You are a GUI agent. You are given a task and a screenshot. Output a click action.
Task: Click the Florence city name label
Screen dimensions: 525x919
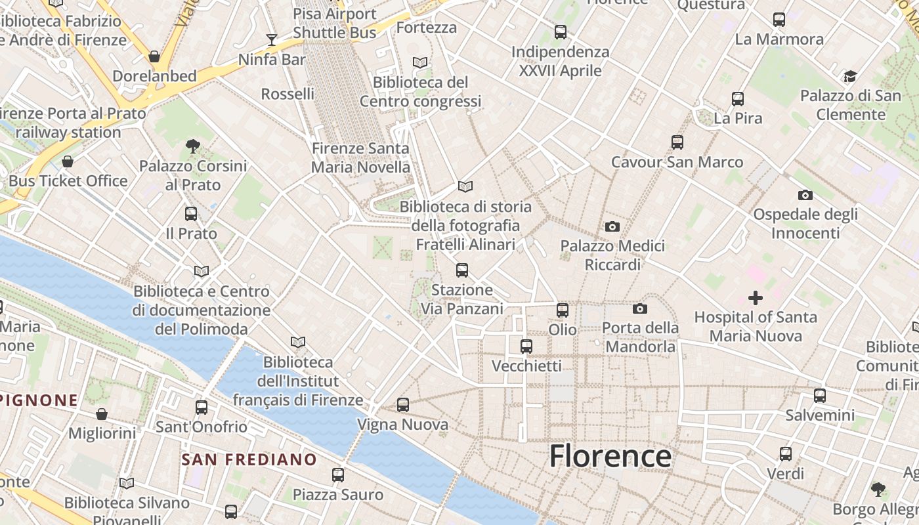click(610, 456)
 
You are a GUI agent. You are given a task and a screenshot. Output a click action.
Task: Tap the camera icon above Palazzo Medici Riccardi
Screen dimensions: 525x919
click(612, 226)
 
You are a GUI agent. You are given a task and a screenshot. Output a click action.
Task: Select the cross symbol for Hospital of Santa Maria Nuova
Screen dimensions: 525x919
click(756, 299)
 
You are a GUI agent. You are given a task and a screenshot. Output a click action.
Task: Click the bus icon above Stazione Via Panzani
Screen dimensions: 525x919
click(462, 270)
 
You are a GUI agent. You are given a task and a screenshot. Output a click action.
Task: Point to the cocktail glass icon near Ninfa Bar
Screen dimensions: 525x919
click(271, 40)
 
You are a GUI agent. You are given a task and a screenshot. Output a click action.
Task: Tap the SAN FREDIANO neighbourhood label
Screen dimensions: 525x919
click(249, 459)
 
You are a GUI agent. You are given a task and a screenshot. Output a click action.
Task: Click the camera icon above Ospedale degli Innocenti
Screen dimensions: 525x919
click(805, 195)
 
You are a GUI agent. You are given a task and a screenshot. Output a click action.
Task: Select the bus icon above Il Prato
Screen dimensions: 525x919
click(191, 213)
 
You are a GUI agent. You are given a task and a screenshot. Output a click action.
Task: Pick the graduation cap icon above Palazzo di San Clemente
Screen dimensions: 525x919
click(850, 76)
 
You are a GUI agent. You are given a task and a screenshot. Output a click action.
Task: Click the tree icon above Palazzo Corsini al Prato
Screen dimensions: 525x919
click(192, 146)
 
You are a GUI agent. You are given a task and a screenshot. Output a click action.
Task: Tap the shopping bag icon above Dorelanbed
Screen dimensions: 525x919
click(154, 56)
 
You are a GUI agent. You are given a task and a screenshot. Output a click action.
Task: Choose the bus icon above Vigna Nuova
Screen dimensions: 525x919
click(403, 405)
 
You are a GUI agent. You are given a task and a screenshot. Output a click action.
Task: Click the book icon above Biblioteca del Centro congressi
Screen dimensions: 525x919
click(420, 62)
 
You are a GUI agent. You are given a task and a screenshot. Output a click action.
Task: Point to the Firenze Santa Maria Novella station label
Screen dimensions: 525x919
click(360, 157)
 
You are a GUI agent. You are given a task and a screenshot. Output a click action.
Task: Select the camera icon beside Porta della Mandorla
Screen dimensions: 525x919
click(640, 308)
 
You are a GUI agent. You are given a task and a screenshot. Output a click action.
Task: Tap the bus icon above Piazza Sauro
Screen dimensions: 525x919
click(338, 474)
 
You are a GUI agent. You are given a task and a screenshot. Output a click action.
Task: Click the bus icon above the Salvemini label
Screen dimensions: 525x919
click(820, 395)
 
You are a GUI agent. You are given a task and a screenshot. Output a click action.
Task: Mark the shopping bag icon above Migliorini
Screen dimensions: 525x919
click(102, 413)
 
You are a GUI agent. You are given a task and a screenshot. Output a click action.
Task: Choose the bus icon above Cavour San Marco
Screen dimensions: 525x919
click(677, 142)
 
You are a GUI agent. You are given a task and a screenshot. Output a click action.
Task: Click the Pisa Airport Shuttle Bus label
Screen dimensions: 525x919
click(335, 23)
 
